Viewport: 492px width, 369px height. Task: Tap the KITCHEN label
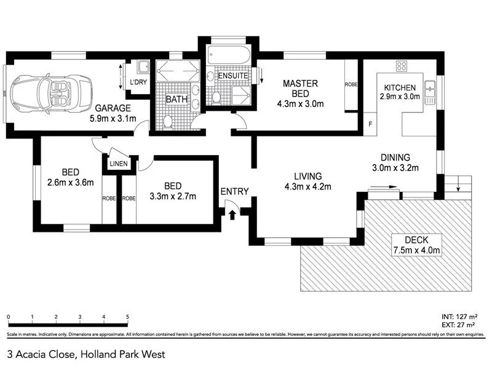pos(400,87)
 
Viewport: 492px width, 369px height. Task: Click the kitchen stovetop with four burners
pos(403,66)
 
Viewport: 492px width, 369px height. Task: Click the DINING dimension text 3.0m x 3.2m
pos(395,168)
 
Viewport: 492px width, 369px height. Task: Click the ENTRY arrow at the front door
pos(232,213)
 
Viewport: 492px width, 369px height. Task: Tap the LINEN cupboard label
pos(118,164)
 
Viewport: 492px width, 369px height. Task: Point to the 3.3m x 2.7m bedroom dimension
pos(172,197)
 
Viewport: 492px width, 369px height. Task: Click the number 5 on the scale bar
pos(127,317)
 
